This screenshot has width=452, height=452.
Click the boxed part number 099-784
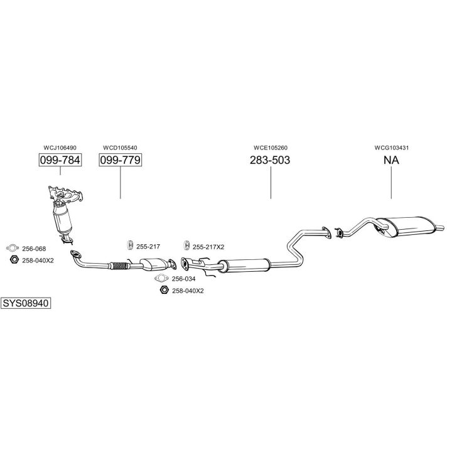coord(60,161)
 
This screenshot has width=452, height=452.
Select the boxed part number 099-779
coord(121,161)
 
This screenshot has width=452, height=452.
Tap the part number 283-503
coord(270,160)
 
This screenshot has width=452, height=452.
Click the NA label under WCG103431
coord(390,160)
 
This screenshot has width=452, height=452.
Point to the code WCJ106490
coord(60,148)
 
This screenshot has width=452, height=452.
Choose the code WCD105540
coord(121,148)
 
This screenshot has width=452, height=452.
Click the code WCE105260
coord(270,148)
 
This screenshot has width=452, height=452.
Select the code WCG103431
coord(391,148)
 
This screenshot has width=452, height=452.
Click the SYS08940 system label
coord(25,303)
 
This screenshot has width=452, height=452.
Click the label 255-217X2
coord(208,247)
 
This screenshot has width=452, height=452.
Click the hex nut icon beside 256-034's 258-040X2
coord(164,290)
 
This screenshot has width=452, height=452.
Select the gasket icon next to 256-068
coord(13,248)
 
